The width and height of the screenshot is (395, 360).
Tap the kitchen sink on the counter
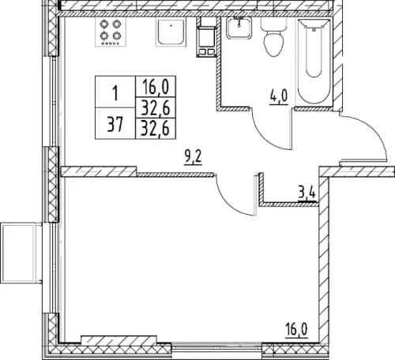pyautogui.click(x=170, y=35)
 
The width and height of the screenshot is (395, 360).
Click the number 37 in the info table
pyautogui.click(x=115, y=125)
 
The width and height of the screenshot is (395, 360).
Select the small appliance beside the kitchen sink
pyautogui.click(x=205, y=39)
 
